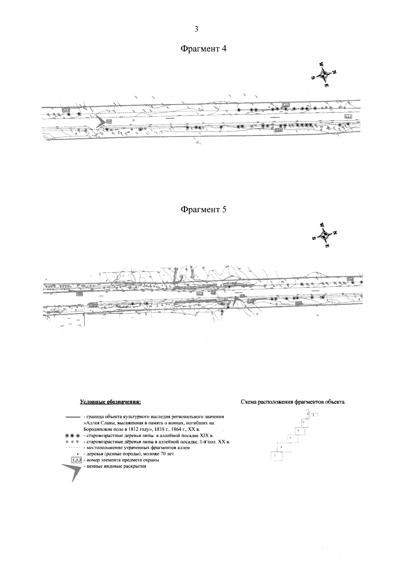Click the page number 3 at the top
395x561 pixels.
[x=197, y=29]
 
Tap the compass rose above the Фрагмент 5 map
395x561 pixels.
[x=324, y=235]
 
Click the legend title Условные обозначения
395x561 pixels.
[x=110, y=402]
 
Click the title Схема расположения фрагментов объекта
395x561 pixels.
[x=293, y=402]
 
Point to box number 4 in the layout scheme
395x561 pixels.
[x=299, y=430]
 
